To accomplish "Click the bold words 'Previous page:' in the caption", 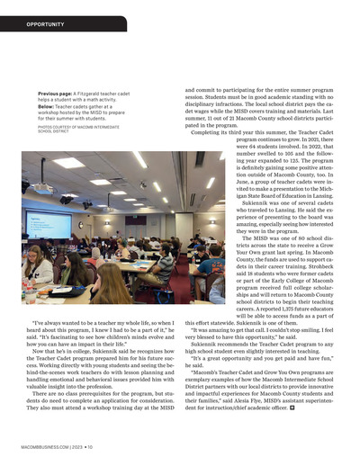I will [55, 93].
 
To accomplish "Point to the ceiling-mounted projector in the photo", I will [43, 188].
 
